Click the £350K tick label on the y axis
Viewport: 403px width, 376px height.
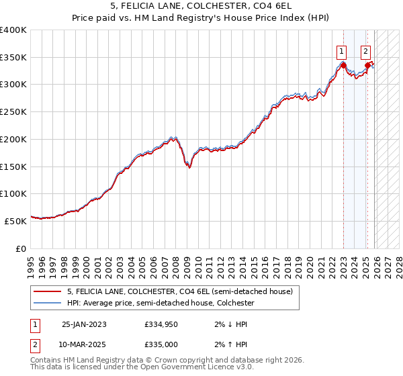(x=13, y=58)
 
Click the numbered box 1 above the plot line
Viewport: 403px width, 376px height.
(x=342, y=50)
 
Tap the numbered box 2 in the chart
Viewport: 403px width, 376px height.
(x=366, y=50)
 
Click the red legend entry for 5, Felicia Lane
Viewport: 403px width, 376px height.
(x=179, y=292)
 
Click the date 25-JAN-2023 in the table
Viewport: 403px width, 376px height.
(x=84, y=324)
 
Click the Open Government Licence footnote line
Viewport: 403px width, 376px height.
(x=142, y=368)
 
